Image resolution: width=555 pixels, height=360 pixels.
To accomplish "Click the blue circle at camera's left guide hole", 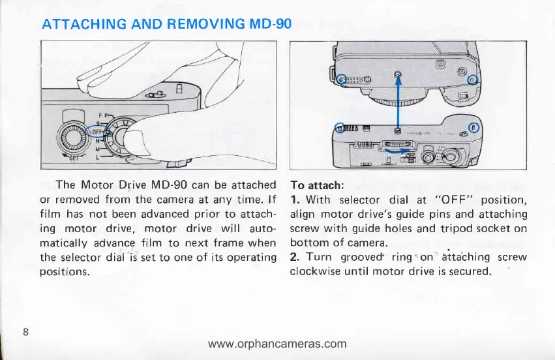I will [x=340, y=80].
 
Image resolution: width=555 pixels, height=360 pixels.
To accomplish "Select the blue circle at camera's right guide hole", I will [x=474, y=81].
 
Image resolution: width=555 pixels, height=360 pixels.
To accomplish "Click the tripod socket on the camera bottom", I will [x=399, y=75].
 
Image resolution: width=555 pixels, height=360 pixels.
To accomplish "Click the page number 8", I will [x=25, y=331].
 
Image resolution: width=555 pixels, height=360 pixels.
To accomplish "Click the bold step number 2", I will [x=293, y=256].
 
